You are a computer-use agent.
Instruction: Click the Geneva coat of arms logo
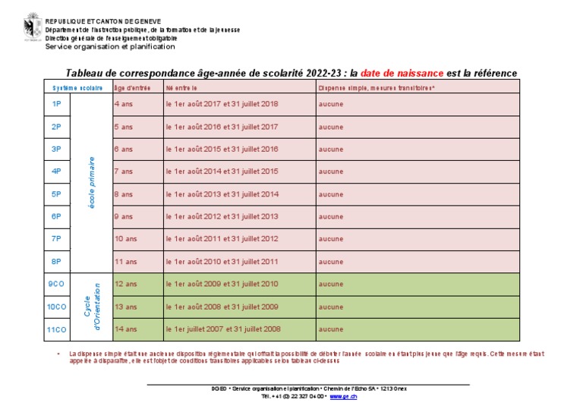pos(33,27)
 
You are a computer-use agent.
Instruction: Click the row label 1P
pos(56,104)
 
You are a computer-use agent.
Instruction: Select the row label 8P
pos(56,262)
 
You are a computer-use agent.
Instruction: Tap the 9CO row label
pos(56,285)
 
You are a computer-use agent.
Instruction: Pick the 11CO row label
pos(56,329)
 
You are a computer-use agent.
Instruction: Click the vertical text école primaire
pos(91,183)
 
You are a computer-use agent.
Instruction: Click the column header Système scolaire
pos(77,88)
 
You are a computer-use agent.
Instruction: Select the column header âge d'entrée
pos(128,88)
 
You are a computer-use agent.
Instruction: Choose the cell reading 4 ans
pos(124,104)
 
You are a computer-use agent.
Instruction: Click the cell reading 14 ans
pos(126,329)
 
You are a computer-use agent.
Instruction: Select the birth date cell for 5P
pos(222,194)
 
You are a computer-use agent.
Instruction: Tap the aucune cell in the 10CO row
pos(330,307)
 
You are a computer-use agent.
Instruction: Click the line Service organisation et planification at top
pos(110,46)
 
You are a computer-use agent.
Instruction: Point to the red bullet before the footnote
pos(58,354)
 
